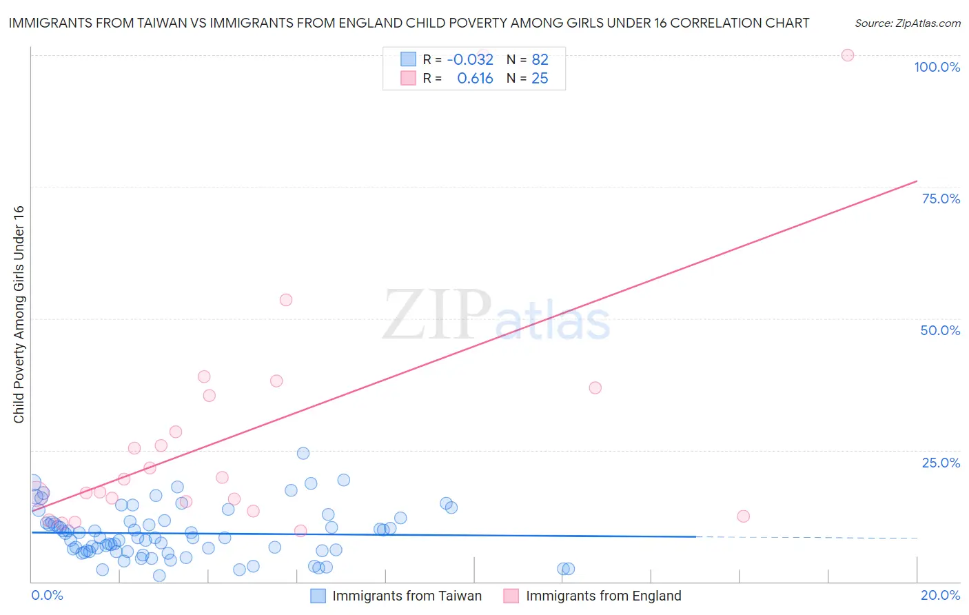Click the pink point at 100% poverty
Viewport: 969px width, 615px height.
point(848,55)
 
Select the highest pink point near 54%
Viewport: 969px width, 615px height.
point(286,300)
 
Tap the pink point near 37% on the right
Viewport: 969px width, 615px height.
point(595,387)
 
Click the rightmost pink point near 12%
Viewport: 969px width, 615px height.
point(743,516)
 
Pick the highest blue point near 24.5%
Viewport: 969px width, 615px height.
point(303,453)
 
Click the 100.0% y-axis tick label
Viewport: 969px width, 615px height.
point(937,67)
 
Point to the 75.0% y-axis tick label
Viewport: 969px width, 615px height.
point(941,199)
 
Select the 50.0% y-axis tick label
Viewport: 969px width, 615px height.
point(940,330)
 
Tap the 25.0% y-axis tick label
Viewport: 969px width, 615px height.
point(941,462)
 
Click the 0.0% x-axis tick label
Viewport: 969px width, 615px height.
point(47,595)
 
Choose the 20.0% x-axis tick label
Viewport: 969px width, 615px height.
point(940,595)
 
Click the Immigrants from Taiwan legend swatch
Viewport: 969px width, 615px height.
point(318,596)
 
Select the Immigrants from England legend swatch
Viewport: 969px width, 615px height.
point(511,596)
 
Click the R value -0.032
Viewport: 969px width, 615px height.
point(470,59)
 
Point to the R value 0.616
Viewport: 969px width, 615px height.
point(475,79)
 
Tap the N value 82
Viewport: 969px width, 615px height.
point(540,59)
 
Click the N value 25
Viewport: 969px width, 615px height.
point(540,79)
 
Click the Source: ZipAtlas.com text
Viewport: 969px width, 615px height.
point(908,23)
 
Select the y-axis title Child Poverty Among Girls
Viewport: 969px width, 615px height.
point(19,314)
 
